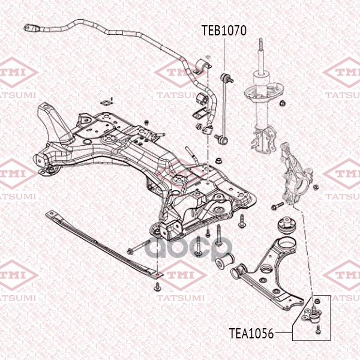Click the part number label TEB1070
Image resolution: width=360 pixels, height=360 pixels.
tap(224, 31)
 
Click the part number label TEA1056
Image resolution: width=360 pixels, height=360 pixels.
tap(251, 334)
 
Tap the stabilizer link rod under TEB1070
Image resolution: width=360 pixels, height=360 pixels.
tap(224, 107)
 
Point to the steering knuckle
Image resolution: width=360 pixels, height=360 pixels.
tap(296, 175)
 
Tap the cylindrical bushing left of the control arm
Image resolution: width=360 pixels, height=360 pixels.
tap(224, 260)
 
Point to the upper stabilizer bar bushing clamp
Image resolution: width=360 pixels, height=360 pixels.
tap(203, 67)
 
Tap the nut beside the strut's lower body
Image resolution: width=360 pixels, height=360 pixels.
tap(282, 103)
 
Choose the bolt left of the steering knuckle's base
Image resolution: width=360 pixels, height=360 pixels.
tap(277, 206)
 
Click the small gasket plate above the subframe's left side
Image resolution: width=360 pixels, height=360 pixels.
tap(107, 102)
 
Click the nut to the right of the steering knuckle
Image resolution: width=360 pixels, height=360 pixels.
tap(316, 187)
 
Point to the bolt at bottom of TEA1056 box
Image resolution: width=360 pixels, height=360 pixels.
tap(318, 329)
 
